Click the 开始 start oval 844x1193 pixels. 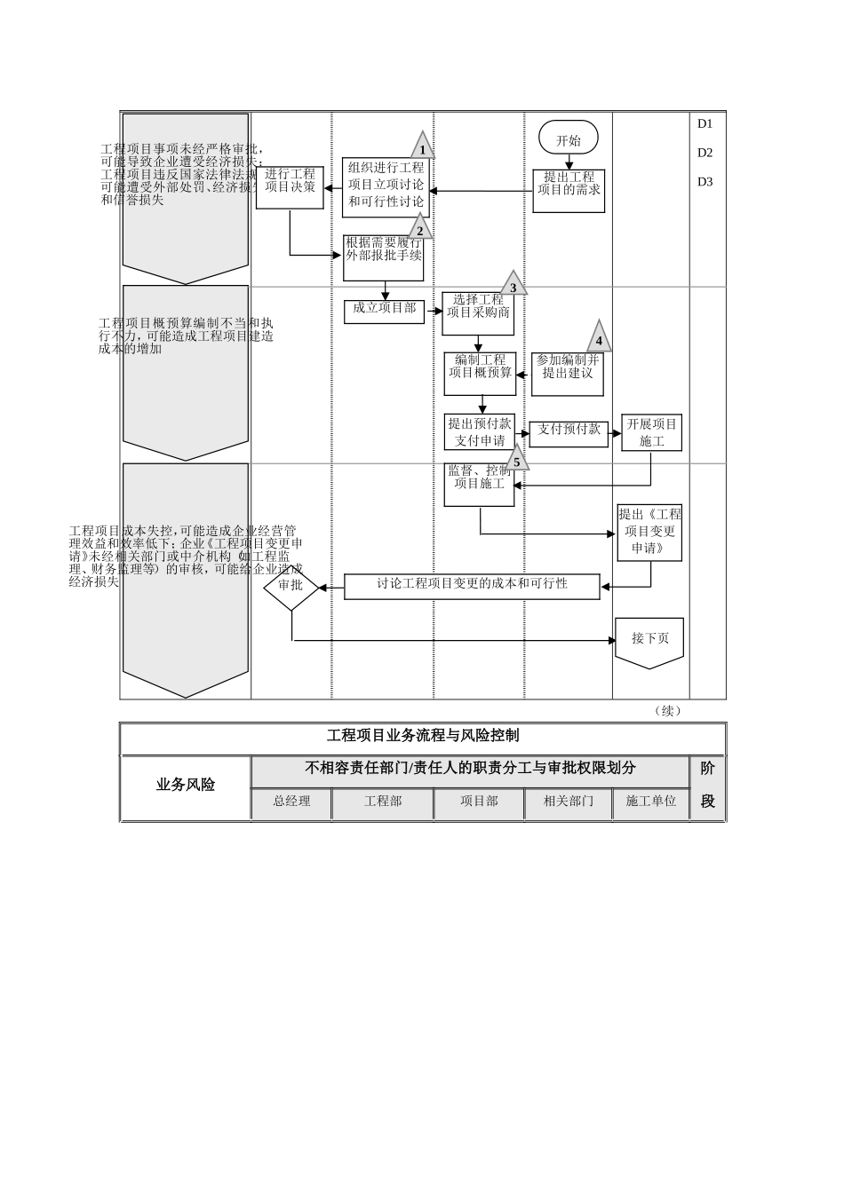pyautogui.click(x=569, y=138)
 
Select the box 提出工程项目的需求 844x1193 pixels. pyautogui.click(x=569, y=190)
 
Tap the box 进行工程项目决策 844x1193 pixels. pyautogui.click(x=290, y=187)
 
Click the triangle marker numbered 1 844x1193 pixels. pyautogui.click(x=422, y=147)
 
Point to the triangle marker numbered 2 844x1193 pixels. pyautogui.click(x=420, y=229)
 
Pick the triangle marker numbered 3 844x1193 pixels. pyautogui.click(x=513, y=286)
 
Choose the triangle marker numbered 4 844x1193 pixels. pyautogui.click(x=599, y=338)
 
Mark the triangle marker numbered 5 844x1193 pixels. pyautogui.click(x=516, y=460)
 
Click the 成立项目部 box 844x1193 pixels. pyautogui.click(x=385, y=310)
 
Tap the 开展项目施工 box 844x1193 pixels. pyautogui.click(x=651, y=432)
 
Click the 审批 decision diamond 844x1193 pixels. pyautogui.click(x=291, y=585)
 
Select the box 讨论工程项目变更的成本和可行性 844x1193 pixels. pyautogui.click(x=472, y=586)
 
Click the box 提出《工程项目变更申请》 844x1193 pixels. pyautogui.click(x=650, y=532)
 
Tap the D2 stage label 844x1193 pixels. pyautogui.click(x=705, y=153)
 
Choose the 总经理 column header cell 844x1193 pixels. pyautogui.click(x=291, y=802)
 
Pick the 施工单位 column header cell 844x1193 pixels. pyautogui.click(x=651, y=802)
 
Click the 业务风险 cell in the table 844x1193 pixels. pyautogui.click(x=186, y=786)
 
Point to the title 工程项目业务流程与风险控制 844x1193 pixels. pyautogui.click(x=423, y=737)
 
